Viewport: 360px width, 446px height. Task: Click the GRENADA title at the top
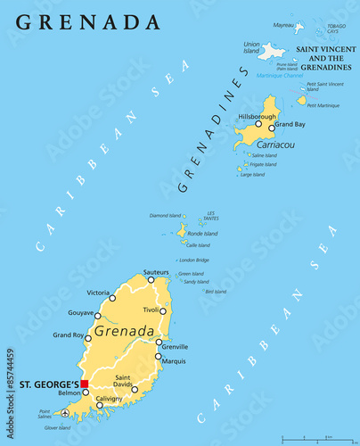pyautogui.click(x=88, y=21)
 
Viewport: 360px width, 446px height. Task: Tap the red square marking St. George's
pyautogui.click(x=85, y=384)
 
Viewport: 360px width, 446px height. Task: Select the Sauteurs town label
pyautogui.click(x=156, y=271)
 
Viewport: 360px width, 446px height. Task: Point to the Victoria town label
pyautogui.click(x=99, y=293)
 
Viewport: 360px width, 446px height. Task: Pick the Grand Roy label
pyautogui.click(x=69, y=334)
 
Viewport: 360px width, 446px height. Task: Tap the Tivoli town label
pyautogui.click(x=155, y=310)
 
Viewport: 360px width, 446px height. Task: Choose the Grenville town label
pyautogui.click(x=176, y=346)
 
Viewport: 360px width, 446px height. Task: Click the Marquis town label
pyautogui.click(x=174, y=360)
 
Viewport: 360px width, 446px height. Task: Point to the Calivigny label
pyautogui.click(x=110, y=399)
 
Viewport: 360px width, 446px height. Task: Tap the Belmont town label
pyautogui.click(x=70, y=392)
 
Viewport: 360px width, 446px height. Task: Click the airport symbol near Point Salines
pyautogui.click(x=65, y=413)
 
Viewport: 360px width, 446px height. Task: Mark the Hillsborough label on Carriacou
pyautogui.click(x=257, y=117)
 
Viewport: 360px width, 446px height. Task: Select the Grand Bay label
pyautogui.click(x=290, y=124)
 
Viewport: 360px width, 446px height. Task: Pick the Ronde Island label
pyautogui.click(x=203, y=234)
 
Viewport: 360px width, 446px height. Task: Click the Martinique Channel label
pyautogui.click(x=280, y=76)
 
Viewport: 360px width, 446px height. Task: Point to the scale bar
pyautogui.click(x=318, y=436)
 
